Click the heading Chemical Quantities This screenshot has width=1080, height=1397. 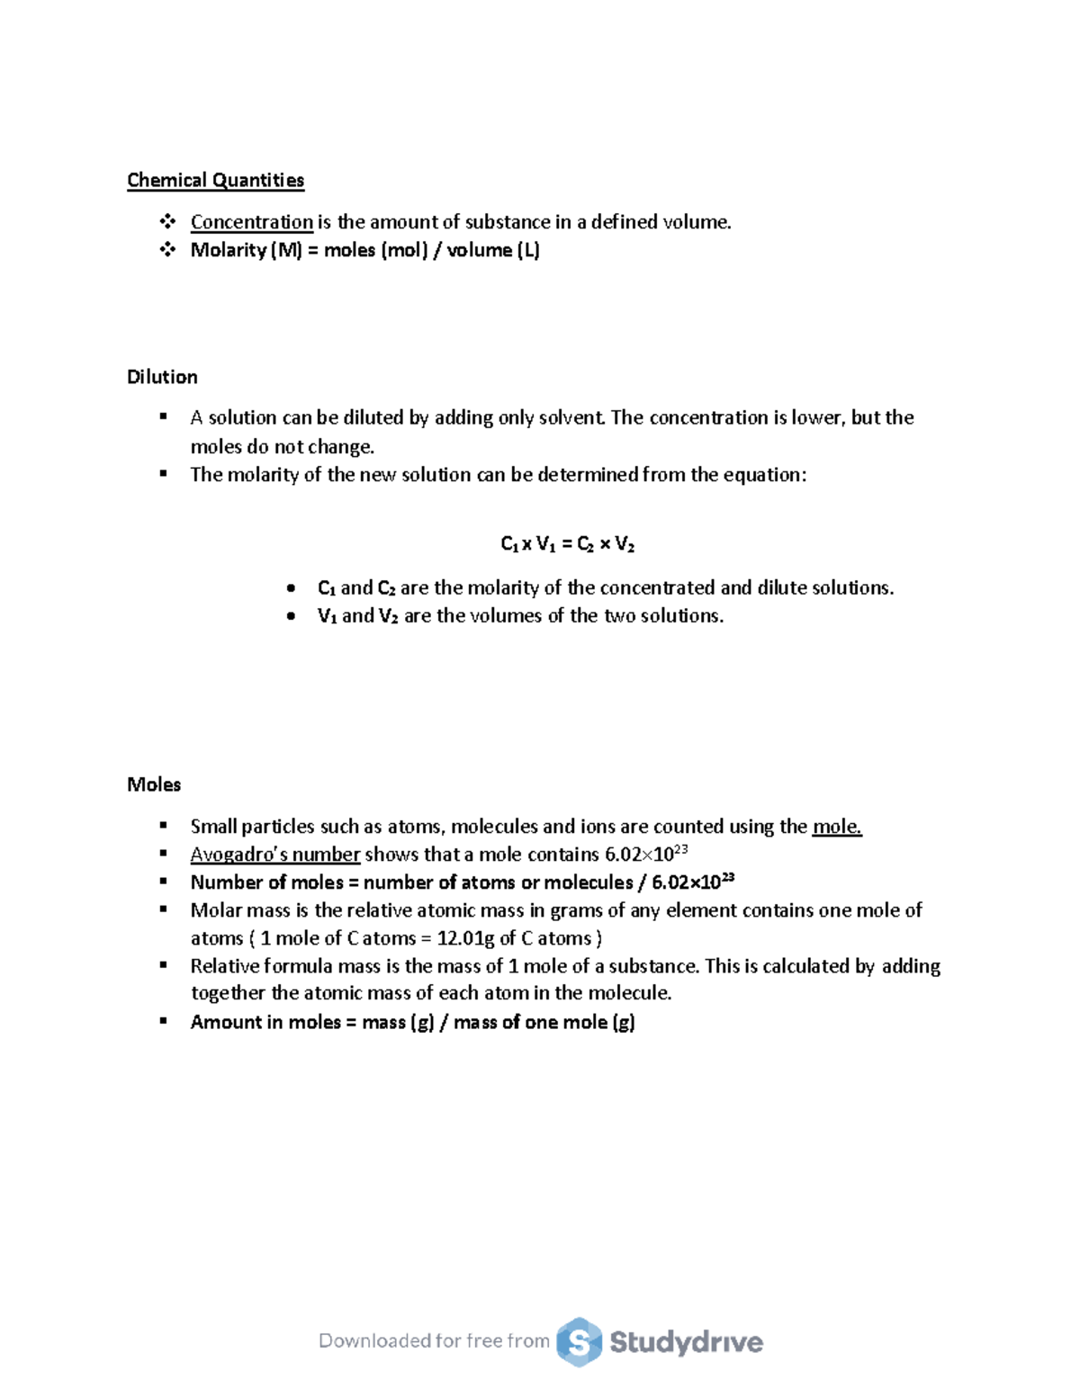(215, 181)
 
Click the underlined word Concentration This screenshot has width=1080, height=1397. (251, 222)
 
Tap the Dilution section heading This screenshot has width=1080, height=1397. (162, 377)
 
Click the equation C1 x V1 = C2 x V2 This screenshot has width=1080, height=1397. (567, 544)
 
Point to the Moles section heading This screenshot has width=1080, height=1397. (154, 784)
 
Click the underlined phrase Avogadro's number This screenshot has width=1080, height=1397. (274, 855)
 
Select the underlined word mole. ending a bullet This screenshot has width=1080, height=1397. (837, 827)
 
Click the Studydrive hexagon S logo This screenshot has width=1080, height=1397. (579, 1342)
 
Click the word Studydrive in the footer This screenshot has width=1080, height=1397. (686, 1342)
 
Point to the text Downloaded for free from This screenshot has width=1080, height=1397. (434, 1341)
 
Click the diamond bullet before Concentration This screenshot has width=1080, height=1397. (167, 221)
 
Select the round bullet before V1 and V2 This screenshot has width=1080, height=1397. (291, 616)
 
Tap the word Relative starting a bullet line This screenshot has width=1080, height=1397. (225, 966)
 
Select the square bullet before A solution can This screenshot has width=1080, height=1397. (163, 416)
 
